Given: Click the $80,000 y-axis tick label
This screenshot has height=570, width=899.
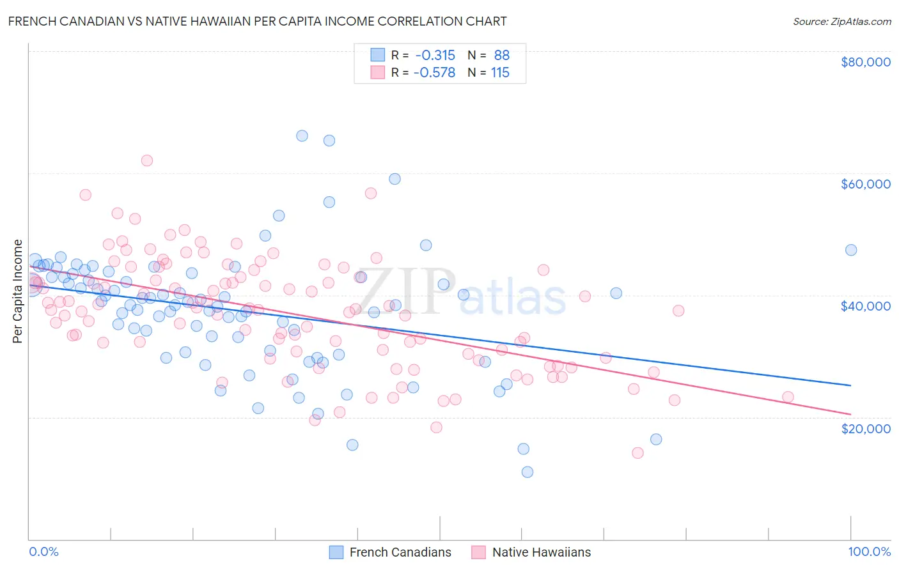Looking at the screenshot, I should point(865,62).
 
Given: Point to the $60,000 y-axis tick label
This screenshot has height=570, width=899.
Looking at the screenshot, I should point(865,184).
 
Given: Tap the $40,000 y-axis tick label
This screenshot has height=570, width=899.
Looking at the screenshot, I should point(865,306).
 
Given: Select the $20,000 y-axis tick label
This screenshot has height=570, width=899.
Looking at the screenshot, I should point(865,428).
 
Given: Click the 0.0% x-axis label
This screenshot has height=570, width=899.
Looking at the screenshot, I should point(43,551).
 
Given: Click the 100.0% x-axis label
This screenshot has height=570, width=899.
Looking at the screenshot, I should point(869,551).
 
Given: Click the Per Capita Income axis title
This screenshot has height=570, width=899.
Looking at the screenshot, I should point(18,291).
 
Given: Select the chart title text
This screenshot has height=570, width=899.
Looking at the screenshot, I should point(258,21).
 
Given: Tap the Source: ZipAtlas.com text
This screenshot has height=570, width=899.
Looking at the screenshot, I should point(841,21).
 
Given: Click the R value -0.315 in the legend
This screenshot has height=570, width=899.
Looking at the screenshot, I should point(435,56).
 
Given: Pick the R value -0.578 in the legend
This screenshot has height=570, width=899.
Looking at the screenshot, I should point(435,73).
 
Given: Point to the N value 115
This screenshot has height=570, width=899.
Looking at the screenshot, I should point(500,73).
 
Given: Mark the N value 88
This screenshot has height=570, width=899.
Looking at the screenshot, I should point(501,56).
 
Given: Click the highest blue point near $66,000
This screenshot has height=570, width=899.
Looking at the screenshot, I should point(302,135).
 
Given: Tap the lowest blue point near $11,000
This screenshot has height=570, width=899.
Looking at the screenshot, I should point(528,472).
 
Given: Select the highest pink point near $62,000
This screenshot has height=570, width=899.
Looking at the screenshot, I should point(147,160).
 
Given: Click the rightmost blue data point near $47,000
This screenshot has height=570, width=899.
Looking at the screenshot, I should point(850,250).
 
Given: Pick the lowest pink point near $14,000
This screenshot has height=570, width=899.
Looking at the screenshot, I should point(637,453).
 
